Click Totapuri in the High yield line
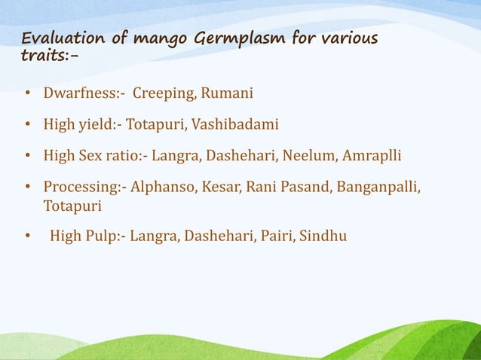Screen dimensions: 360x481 coord(155,125)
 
